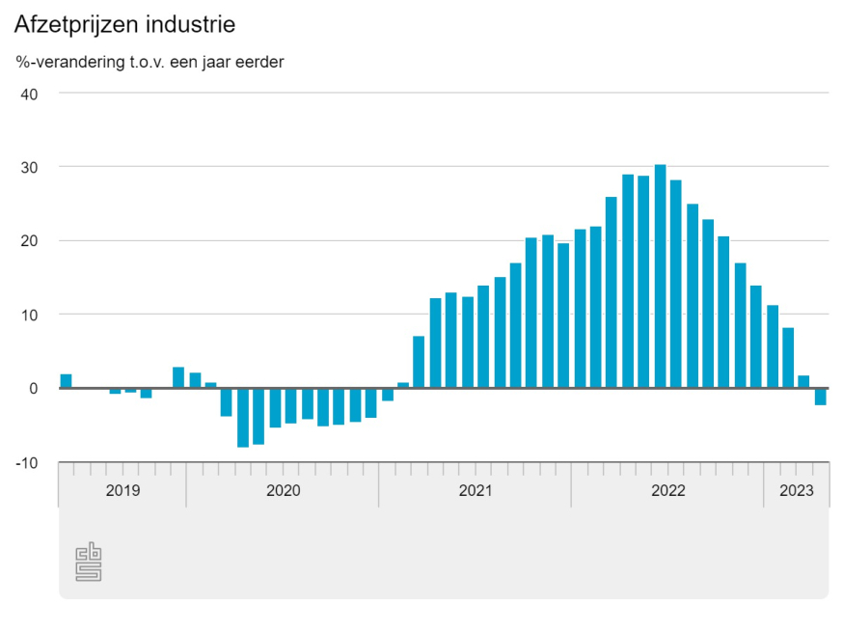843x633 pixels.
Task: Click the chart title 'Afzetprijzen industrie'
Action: [124, 22]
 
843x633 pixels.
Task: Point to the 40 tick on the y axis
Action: [28, 94]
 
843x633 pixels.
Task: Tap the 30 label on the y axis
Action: [28, 167]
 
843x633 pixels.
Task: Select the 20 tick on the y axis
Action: [28, 240]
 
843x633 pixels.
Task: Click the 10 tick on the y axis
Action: [28, 315]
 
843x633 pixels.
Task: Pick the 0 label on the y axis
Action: [32, 388]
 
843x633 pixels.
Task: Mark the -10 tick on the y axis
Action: [25, 462]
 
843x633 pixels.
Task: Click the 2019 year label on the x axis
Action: [122, 490]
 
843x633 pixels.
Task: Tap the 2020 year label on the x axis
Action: [283, 490]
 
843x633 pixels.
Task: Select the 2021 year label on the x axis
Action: [476, 490]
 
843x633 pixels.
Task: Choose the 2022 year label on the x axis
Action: [667, 490]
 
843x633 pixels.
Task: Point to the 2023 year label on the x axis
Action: [797, 490]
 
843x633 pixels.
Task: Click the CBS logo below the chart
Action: [89, 563]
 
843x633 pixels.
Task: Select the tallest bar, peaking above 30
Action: [660, 276]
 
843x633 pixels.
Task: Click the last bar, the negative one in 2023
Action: [820, 397]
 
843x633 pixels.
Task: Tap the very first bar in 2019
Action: [66, 381]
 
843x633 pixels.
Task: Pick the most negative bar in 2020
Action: [243, 418]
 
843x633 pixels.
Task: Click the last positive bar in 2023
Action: [804, 382]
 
